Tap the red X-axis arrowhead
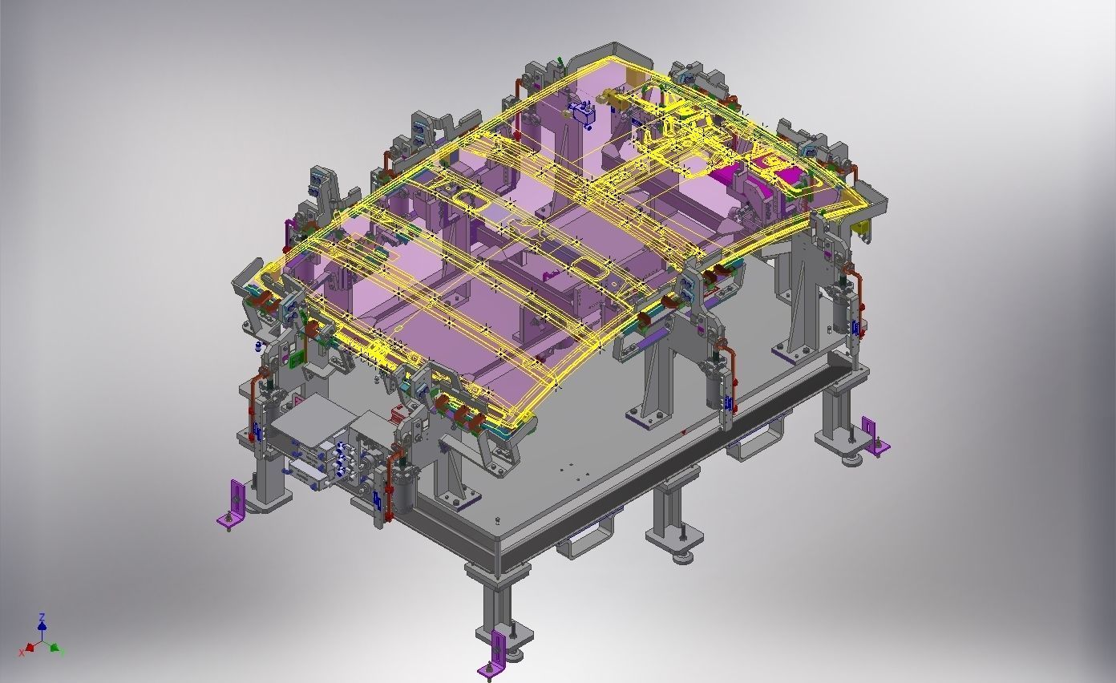(x=30, y=646)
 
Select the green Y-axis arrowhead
(x=55, y=646)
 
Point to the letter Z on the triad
(x=42, y=616)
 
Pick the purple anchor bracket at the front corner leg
(x=496, y=653)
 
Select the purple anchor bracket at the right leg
(x=874, y=436)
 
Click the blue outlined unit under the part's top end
(x=581, y=113)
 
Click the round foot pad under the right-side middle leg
(x=683, y=556)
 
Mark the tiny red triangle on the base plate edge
(x=683, y=434)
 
